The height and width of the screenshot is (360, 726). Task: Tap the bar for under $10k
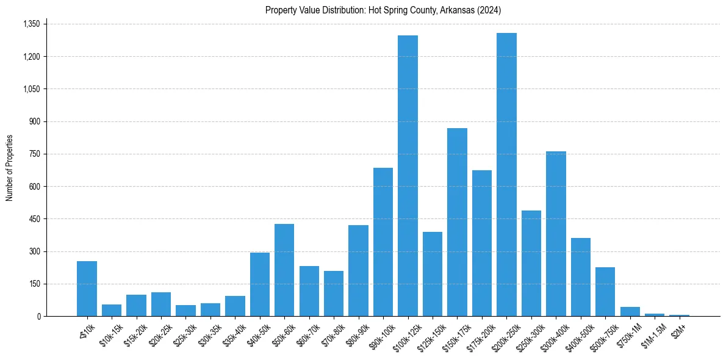[87, 289]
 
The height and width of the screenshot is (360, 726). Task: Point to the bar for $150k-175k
[457, 222]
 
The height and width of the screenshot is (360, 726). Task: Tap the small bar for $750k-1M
[630, 312]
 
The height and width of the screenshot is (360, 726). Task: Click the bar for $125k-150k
[432, 274]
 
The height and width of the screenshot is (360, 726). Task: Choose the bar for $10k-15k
[112, 310]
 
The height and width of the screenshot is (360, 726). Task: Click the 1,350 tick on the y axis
[31, 24]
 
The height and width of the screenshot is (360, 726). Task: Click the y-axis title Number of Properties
[10, 168]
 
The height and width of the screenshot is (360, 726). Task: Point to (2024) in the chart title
[490, 10]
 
